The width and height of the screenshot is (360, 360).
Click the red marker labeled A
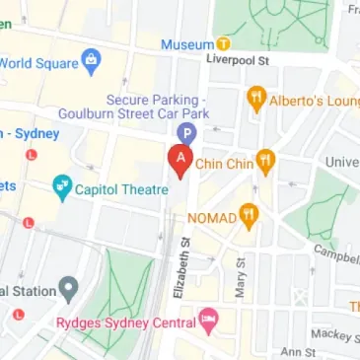pos(180,159)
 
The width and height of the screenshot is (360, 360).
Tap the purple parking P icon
pos(184,134)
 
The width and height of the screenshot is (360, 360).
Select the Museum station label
pos(186,44)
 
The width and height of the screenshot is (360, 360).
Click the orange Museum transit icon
pos(224,44)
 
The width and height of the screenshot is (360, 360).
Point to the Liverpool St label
pos(238,58)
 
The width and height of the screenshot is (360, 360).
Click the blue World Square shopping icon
pos(91,60)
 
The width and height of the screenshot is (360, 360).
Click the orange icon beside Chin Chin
pos(264,160)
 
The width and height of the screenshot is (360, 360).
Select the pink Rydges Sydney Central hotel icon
pos(207,320)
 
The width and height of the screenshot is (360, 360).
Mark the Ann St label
pos(296,350)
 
